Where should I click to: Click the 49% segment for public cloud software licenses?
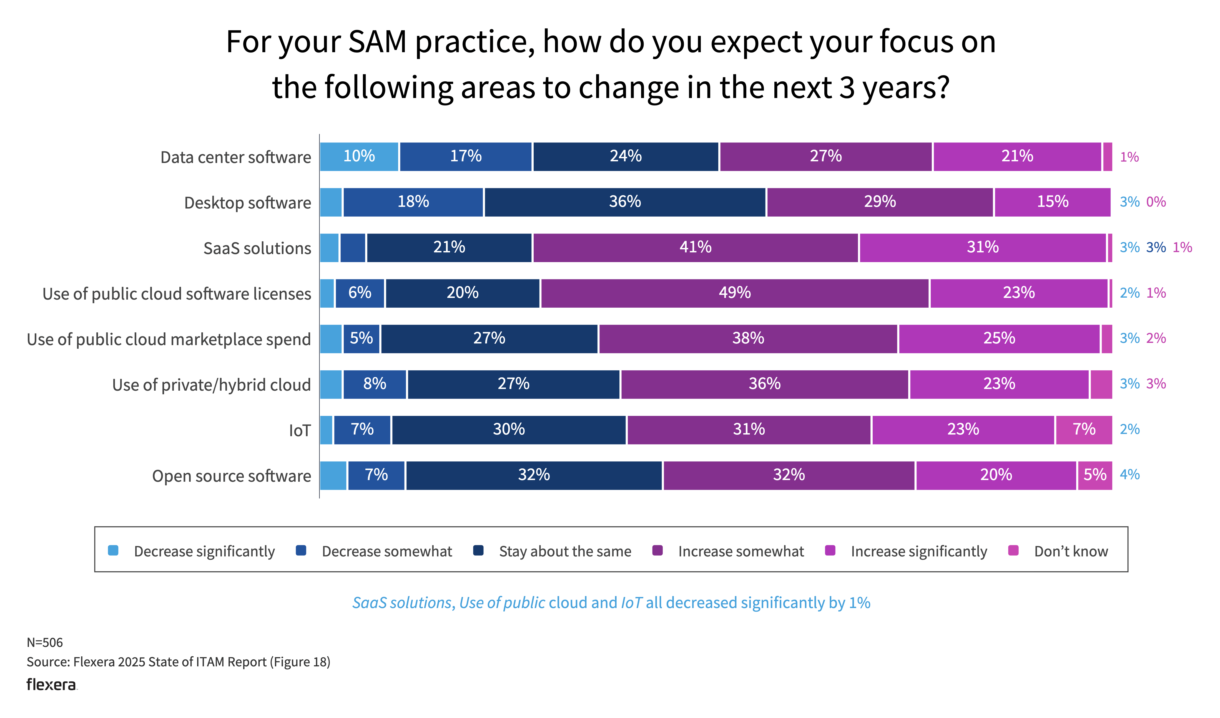(x=734, y=293)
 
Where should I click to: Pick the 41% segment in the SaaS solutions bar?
(x=695, y=247)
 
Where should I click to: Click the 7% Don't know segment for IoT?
(x=1083, y=430)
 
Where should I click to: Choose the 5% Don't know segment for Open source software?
(x=1095, y=475)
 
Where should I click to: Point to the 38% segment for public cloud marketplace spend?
(x=748, y=338)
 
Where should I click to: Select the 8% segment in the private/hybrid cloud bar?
(x=375, y=384)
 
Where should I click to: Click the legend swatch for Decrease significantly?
(x=113, y=551)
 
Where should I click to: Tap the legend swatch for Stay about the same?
(x=478, y=551)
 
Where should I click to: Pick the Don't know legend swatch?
(x=1013, y=551)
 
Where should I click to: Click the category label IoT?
(x=300, y=430)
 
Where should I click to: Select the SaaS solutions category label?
(x=257, y=248)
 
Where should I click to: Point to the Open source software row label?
(x=231, y=476)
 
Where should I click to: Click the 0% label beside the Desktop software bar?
(x=1156, y=202)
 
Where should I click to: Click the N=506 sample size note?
(x=44, y=642)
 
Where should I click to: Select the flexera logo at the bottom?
(x=51, y=685)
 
